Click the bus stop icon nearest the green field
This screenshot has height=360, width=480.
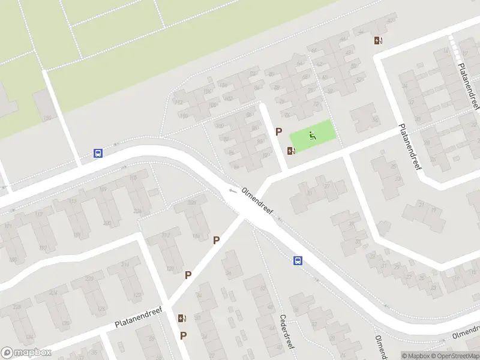tap(98, 153)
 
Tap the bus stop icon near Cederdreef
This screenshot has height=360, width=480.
tap(298, 260)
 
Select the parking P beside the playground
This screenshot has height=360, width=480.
tap(278, 131)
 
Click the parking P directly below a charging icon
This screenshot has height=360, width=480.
tap(183, 335)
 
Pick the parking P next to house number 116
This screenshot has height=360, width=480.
tap(217, 240)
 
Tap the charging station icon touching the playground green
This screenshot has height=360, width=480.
tap(292, 151)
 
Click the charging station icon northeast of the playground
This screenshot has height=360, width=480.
tap(377, 40)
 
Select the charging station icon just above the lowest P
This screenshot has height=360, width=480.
tap(181, 318)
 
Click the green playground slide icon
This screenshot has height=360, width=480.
tap(312, 135)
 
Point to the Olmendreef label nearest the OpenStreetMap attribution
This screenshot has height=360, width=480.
tap(466, 332)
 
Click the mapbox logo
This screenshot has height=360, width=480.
tap(26, 353)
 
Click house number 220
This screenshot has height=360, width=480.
tap(107, 223)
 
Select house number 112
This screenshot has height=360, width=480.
tap(179, 103)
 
